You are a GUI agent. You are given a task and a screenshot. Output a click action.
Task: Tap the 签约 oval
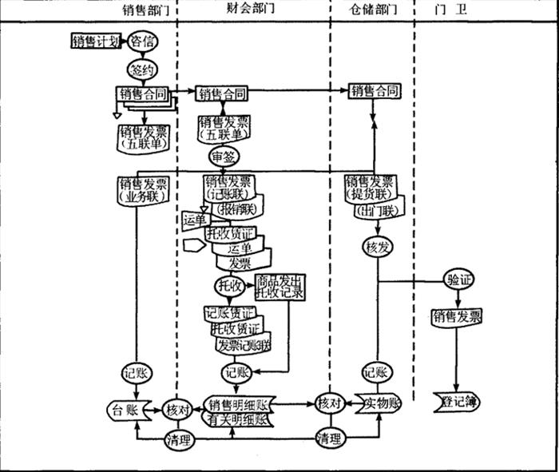point(141,69)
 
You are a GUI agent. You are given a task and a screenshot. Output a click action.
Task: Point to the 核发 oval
point(376,247)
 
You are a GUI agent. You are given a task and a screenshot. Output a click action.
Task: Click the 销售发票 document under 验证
point(457,317)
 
